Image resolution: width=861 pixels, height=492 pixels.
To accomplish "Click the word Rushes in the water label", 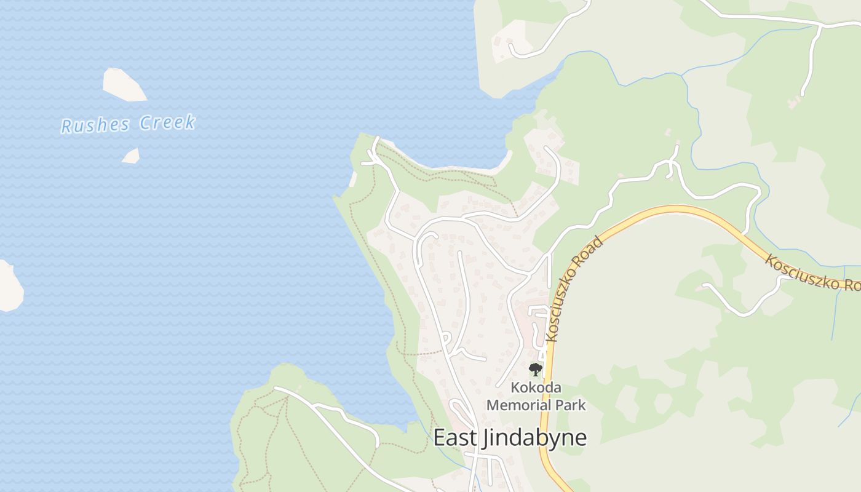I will point(95,125).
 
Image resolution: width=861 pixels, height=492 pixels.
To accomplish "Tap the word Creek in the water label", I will point(167,122).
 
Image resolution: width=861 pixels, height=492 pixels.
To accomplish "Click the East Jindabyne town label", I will point(510,437).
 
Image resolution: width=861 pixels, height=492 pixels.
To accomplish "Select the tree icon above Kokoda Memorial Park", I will point(536,370).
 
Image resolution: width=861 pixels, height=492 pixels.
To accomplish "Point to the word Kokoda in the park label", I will point(536,388).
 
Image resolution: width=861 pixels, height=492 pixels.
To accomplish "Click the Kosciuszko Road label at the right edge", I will point(812,274).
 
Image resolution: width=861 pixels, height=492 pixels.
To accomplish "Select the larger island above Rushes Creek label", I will point(124,84).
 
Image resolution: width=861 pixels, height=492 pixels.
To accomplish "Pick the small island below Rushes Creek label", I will point(131,156).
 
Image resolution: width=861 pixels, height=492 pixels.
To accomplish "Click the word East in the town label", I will point(453,437).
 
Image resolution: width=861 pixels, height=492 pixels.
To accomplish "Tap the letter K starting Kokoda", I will point(515,388).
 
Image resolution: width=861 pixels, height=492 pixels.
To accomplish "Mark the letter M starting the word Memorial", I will point(492,405).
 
